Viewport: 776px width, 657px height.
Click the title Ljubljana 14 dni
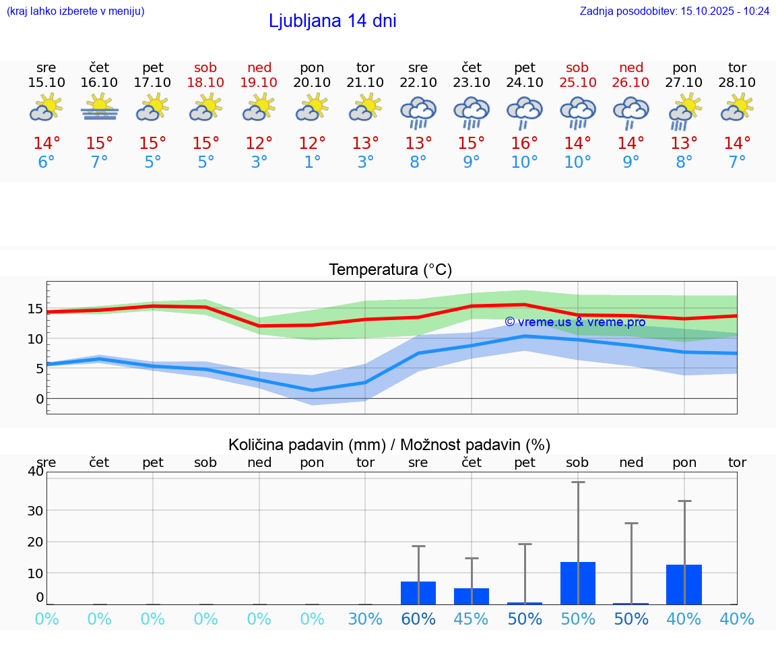pyautogui.click(x=332, y=21)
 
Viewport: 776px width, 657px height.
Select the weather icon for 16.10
pyautogui.click(x=100, y=108)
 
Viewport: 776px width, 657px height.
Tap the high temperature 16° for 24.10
pyautogui.click(x=525, y=144)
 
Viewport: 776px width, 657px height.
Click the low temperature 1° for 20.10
pyautogui.click(x=312, y=162)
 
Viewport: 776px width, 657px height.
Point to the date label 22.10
pyautogui.click(x=418, y=82)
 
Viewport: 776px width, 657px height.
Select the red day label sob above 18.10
pyautogui.click(x=205, y=67)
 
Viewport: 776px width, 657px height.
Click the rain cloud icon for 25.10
pyautogui.click(x=577, y=111)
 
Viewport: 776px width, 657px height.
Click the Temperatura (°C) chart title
pyautogui.click(x=390, y=270)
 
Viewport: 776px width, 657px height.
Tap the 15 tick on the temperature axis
pyautogui.click(x=35, y=309)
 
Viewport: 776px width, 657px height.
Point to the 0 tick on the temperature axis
pyautogui.click(x=40, y=399)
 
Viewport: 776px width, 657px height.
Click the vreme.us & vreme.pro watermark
pyautogui.click(x=575, y=322)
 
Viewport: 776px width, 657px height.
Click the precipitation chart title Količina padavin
pyautogui.click(x=389, y=445)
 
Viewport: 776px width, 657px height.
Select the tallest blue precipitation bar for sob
pyautogui.click(x=577, y=583)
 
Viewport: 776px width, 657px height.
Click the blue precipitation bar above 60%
pyautogui.click(x=418, y=593)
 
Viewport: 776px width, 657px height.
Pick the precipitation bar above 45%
pyautogui.click(x=472, y=596)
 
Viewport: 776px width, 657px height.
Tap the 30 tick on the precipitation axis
pyautogui.click(x=35, y=510)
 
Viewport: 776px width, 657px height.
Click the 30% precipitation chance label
pyautogui.click(x=365, y=619)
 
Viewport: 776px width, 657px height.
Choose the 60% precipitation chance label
pyautogui.click(x=418, y=619)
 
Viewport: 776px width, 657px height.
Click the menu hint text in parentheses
pyautogui.click(x=75, y=11)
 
